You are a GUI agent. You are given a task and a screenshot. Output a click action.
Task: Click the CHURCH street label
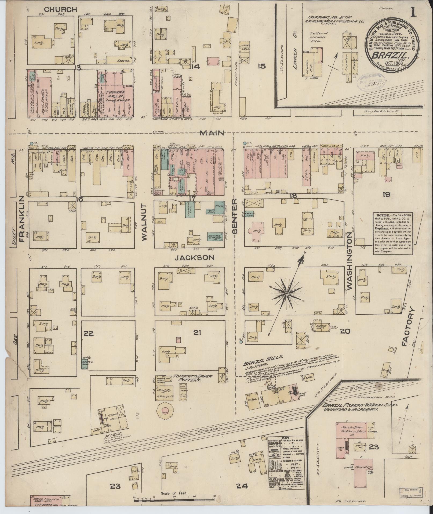[60, 10]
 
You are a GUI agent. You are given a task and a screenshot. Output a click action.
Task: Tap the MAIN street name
[212, 133]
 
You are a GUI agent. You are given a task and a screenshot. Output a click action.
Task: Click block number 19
[387, 195]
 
